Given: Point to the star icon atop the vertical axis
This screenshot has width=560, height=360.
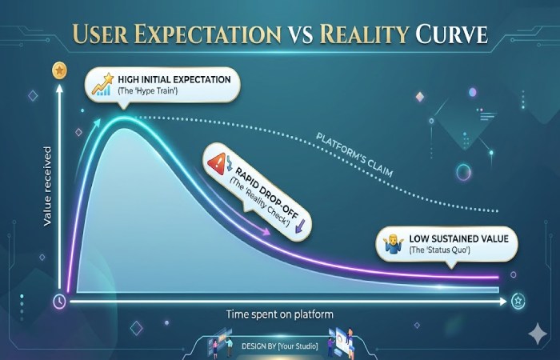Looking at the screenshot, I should pos(58,71).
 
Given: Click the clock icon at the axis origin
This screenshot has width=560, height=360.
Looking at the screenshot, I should pos(59,302).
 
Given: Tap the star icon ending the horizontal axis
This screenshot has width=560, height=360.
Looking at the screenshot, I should pos(518,301).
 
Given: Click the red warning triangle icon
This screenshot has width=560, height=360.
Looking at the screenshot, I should pos(217,164).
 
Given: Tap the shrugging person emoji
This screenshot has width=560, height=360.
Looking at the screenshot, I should pos(392,244).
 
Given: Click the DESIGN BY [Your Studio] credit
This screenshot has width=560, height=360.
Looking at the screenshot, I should pos(280,346).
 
